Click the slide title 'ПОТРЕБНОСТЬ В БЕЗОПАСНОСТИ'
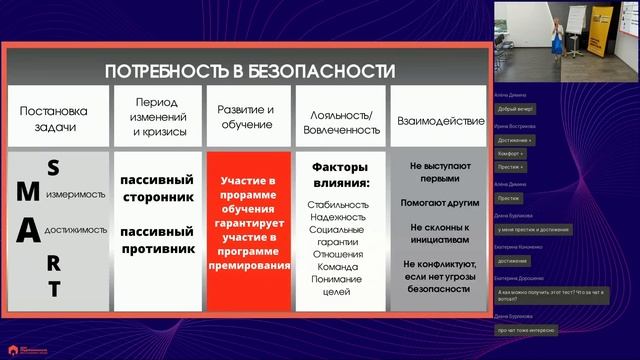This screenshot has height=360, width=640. pos(250,70)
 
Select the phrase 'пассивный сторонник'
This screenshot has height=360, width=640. pos(155,188)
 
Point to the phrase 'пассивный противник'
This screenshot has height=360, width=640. pos(155,241)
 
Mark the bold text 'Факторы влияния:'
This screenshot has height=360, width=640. pos(340,175)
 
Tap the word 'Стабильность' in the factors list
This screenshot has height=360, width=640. pos(340,204)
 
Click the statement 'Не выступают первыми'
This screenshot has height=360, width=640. pos(434,172)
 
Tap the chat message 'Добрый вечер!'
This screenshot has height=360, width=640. pos(513,107)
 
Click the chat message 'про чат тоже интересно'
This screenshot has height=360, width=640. pos(525,329)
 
